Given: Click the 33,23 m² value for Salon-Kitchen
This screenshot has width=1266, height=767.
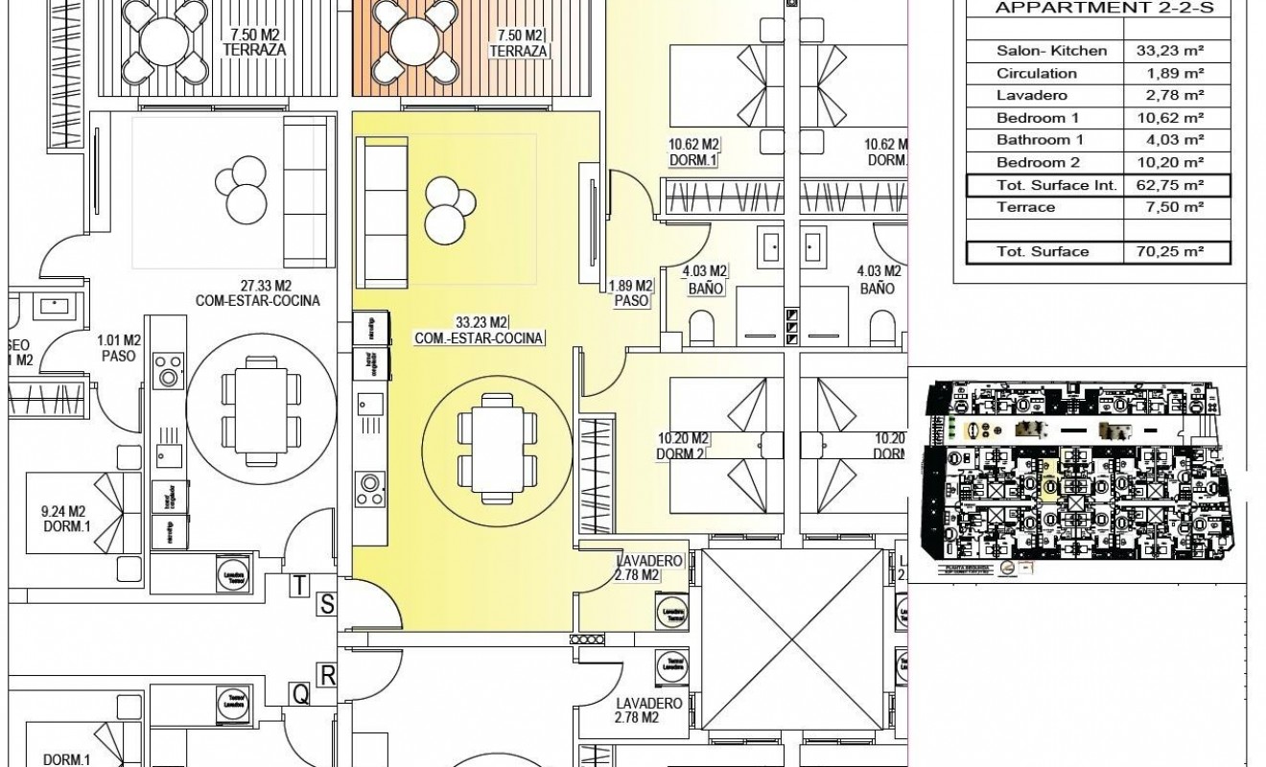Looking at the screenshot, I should (x=1177, y=51).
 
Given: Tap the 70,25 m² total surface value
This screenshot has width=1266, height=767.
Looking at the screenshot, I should (x=1177, y=252).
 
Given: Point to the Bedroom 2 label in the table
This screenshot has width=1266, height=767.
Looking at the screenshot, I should (x=1038, y=162).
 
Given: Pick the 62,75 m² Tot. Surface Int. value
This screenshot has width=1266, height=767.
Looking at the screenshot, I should (x=1177, y=185).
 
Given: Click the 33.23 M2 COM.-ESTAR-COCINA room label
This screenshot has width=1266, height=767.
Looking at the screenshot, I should (x=480, y=329).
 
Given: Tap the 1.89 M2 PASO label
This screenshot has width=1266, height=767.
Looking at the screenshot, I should (x=630, y=292).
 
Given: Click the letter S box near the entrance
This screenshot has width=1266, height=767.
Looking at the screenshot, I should (x=327, y=603).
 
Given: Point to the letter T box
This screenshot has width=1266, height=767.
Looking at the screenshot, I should (x=301, y=584).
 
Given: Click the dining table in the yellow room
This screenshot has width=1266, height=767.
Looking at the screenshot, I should (x=492, y=442).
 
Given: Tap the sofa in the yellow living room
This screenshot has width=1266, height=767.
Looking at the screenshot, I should (x=381, y=203).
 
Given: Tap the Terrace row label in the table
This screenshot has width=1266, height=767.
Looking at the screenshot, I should (x=1025, y=207).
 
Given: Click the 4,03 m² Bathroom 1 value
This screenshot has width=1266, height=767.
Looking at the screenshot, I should (x=1177, y=140).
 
